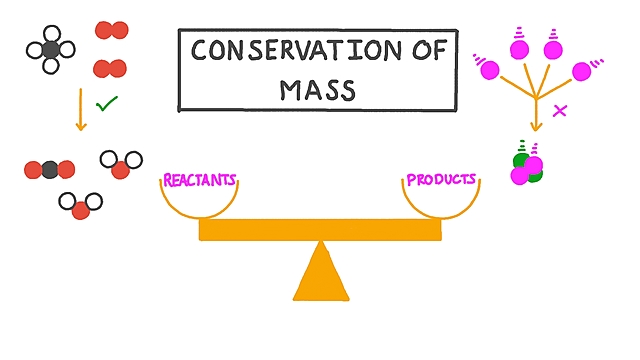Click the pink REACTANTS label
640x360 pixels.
pyautogui.click(x=200, y=181)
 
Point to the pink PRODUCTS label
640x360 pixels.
pyautogui.click(x=440, y=181)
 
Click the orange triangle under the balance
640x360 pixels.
pyautogui.click(x=320, y=275)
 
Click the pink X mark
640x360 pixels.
pyautogui.click(x=560, y=111)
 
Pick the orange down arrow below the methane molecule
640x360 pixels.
pyautogui.click(x=80, y=110)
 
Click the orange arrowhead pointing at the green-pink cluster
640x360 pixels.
pyautogui.click(x=536, y=125)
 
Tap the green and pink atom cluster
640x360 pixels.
pyautogui.click(x=527, y=168)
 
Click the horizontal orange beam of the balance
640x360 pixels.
pyautogui.click(x=320, y=229)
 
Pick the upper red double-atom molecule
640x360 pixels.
pyautogui.click(x=111, y=31)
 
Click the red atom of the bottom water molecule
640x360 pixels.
pyautogui.click(x=82, y=209)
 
